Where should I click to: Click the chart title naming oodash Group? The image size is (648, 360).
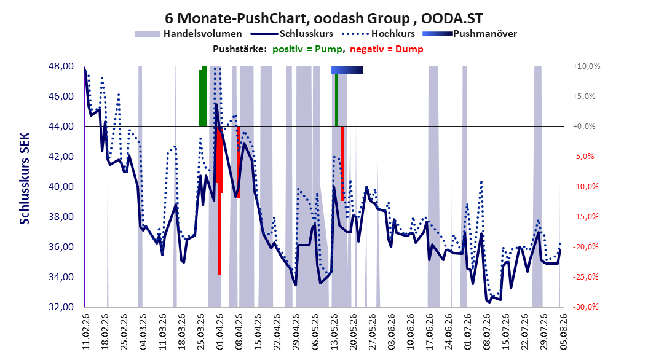[323, 18]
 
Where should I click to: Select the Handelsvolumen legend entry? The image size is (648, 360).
[188, 34]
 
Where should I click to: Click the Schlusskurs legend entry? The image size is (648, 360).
[292, 34]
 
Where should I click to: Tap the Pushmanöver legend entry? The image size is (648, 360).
[470, 34]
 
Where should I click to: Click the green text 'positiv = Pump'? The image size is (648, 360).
[307, 49]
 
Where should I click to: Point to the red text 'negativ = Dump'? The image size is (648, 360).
[387, 49]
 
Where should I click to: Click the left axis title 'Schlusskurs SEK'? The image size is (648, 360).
[25, 179]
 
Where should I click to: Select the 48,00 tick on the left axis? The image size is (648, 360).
[61, 66]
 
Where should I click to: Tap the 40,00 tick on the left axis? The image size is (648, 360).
[61, 187]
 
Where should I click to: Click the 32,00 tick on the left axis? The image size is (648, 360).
[61, 307]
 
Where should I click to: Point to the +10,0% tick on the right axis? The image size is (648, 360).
[587, 66]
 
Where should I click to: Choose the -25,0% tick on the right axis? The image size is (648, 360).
[585, 277]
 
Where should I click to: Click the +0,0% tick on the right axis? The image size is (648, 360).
[584, 127]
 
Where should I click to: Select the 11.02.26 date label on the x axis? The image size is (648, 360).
[86, 332]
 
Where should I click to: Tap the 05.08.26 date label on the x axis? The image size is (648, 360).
[562, 332]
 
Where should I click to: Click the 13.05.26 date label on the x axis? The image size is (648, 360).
[334, 332]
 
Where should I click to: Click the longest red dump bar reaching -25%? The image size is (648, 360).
[219, 201]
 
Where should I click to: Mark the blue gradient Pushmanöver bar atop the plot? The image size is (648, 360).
[347, 71]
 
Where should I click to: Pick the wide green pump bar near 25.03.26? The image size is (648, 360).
[203, 96]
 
